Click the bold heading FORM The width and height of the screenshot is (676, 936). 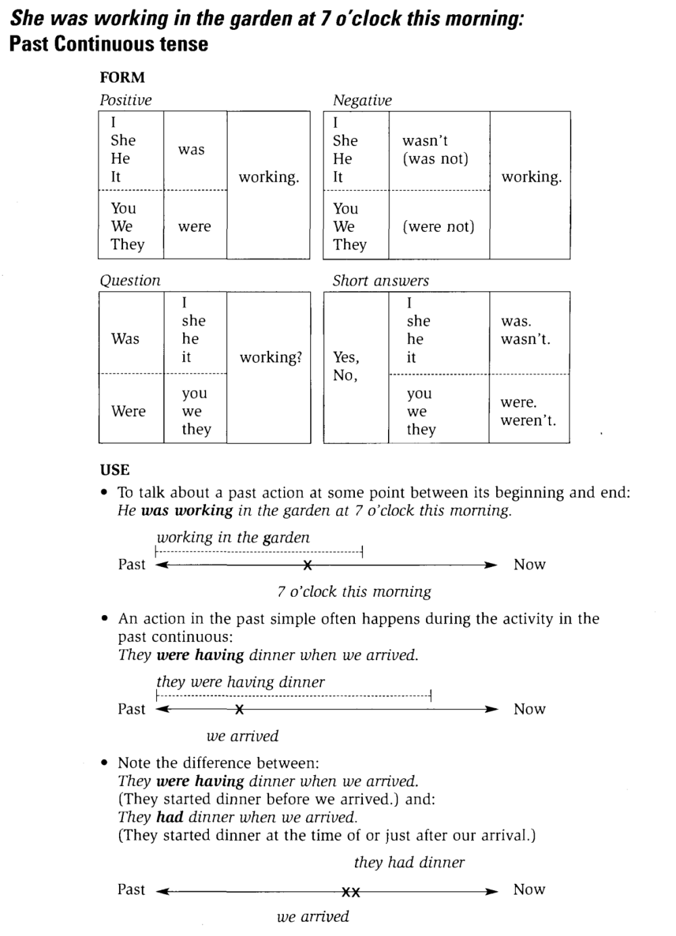point(122,77)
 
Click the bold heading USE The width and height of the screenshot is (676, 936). point(115,470)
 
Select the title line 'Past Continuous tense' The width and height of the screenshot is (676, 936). point(109,44)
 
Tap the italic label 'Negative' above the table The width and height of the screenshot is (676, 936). point(362,100)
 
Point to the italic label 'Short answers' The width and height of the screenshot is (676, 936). point(381,280)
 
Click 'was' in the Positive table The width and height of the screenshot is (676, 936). point(191,149)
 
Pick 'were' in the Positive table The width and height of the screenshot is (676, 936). point(195,226)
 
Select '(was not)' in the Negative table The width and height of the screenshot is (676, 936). point(435,159)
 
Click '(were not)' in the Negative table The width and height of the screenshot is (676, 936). point(439,226)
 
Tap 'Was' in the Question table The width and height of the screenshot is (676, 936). point(125,339)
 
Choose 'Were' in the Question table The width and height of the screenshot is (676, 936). point(128,411)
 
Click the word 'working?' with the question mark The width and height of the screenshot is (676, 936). point(270,357)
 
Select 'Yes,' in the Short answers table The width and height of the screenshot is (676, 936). point(346,357)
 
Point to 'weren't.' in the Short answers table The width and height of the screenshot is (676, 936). point(528,420)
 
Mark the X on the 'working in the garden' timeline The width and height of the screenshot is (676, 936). point(308,565)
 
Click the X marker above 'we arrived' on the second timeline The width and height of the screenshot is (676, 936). point(239,710)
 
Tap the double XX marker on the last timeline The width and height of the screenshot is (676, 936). point(351,892)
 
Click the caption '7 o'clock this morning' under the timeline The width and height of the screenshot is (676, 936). point(354,591)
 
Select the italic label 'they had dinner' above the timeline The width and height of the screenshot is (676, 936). point(409,862)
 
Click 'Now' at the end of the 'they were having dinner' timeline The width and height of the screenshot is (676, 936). point(529,709)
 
